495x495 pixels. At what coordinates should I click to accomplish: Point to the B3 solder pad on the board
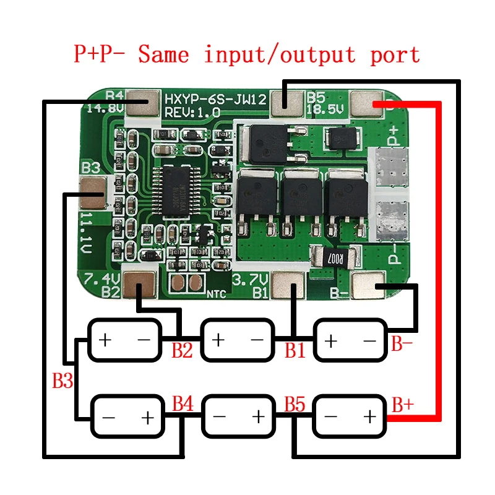point(93,192)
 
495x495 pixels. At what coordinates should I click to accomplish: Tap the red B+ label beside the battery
point(403,406)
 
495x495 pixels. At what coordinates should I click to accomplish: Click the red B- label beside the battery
point(402,344)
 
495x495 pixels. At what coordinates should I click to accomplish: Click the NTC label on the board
point(216,294)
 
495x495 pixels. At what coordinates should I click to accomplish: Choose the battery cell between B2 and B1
point(238,340)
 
